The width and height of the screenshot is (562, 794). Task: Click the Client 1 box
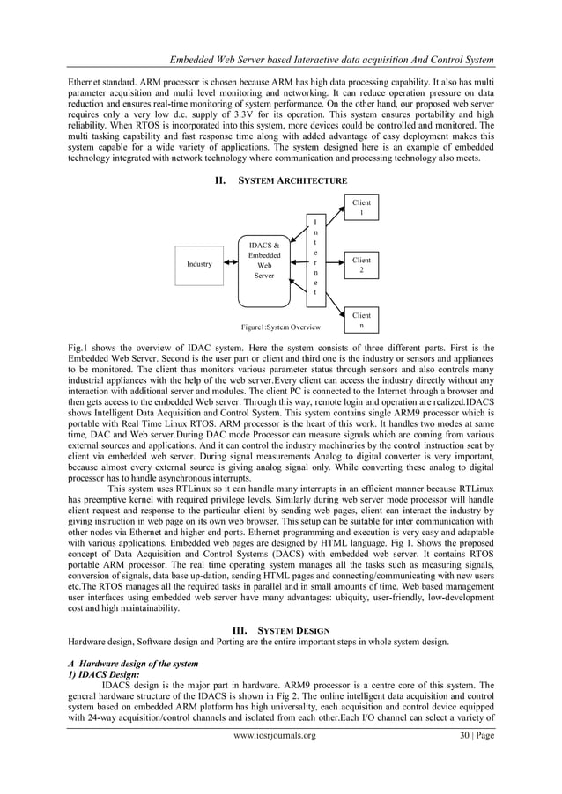coord(360,208)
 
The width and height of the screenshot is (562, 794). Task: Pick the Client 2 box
coord(360,265)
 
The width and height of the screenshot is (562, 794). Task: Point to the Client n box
coord(360,320)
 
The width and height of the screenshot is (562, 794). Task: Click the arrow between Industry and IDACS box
coord(231,263)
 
